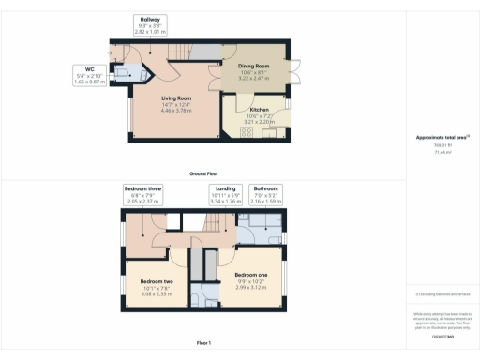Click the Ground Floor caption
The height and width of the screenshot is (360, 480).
pos(203,174)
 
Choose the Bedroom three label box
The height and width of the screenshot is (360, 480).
pos(144,194)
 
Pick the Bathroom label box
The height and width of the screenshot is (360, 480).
pos(265,194)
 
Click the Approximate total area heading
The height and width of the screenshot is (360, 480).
pos(442,138)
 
